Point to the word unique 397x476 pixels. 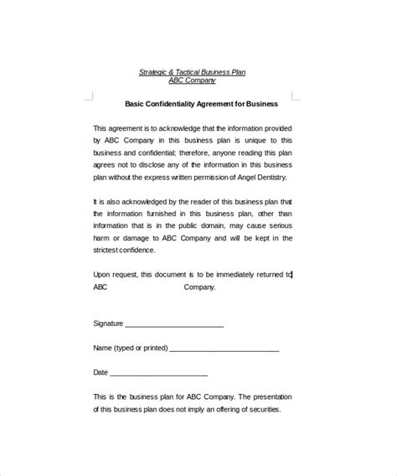pyautogui.click(x=259, y=141)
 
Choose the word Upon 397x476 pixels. pyautogui.click(x=101, y=274)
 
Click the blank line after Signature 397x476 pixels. pyautogui.click(x=174, y=325)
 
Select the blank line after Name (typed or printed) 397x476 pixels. pyautogui.click(x=224, y=349)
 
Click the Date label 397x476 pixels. pyautogui.click(x=101, y=372)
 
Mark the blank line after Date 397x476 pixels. pyautogui.click(x=158, y=374)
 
